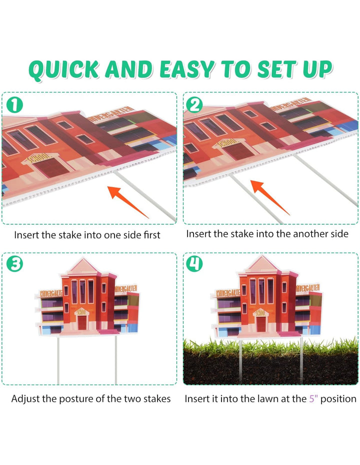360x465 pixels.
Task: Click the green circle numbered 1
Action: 14,105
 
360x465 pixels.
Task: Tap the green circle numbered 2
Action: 194,105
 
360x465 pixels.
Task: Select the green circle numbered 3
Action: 14,264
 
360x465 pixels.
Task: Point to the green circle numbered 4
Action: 194,264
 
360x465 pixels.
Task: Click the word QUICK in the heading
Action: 64,70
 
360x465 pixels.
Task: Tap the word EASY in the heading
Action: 187,69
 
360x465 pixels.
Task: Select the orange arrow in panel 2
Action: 269,197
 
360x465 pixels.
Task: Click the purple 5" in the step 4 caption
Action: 313,398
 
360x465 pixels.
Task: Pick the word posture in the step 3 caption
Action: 72,399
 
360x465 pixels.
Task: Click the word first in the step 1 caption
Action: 152,235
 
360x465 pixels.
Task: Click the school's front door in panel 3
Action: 82,322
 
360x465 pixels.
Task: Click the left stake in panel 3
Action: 58,360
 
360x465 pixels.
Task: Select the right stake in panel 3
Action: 116,360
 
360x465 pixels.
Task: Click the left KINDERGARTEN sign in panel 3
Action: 51,293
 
